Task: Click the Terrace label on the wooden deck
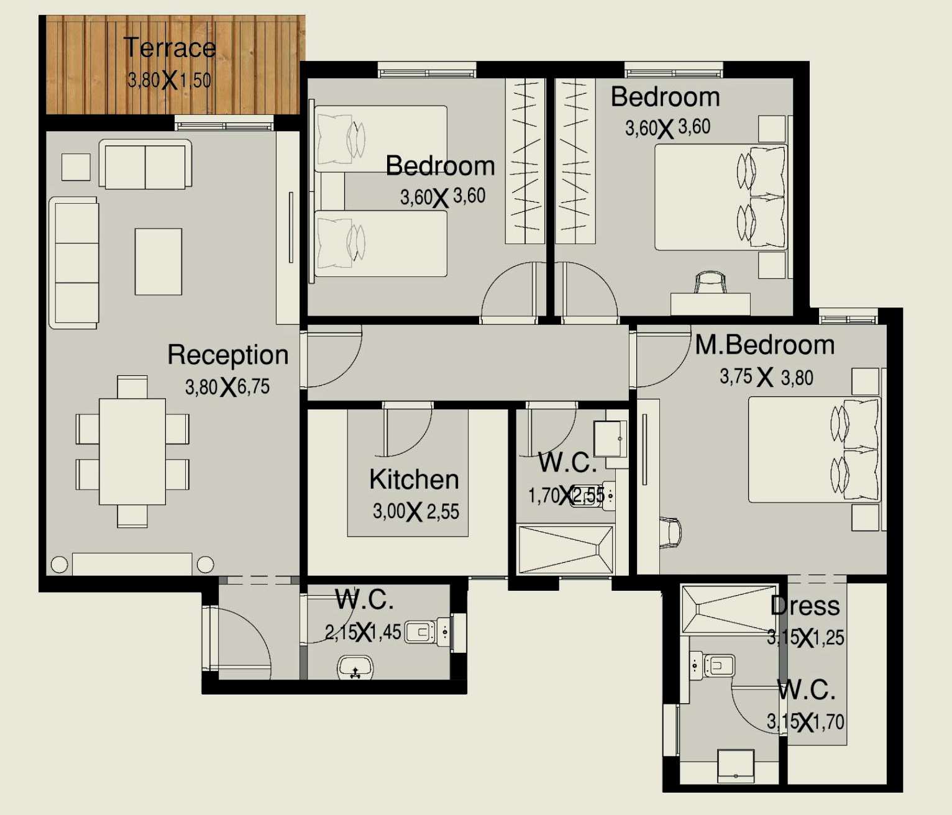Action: point(169,48)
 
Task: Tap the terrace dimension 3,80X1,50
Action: point(169,80)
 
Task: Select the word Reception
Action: point(227,355)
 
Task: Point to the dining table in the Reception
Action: point(132,451)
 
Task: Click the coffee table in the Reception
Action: point(158,262)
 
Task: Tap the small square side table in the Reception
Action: point(76,166)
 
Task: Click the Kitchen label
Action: point(414,480)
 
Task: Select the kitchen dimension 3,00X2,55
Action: point(416,512)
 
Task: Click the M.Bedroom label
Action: point(764,345)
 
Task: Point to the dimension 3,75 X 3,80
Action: point(766,377)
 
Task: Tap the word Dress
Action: point(805,606)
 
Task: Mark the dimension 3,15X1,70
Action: point(805,722)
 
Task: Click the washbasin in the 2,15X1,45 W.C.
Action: point(355,668)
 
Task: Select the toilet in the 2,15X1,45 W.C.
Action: point(426,632)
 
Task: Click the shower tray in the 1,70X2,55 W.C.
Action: point(565,549)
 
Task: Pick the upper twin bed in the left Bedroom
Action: point(380,139)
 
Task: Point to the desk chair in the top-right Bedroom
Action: point(710,282)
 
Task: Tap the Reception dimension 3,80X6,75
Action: point(227,387)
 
